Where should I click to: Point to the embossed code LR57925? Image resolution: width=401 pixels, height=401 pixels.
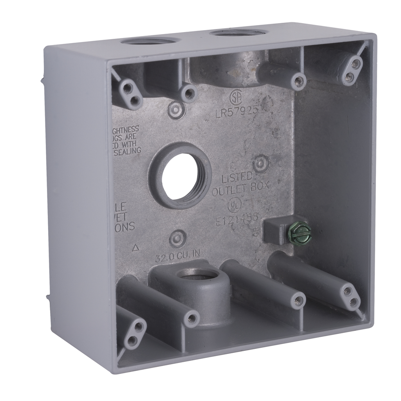[237, 112]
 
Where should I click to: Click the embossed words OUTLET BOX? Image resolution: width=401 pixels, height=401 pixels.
[240, 189]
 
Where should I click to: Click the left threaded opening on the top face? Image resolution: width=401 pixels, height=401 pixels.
[149, 40]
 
